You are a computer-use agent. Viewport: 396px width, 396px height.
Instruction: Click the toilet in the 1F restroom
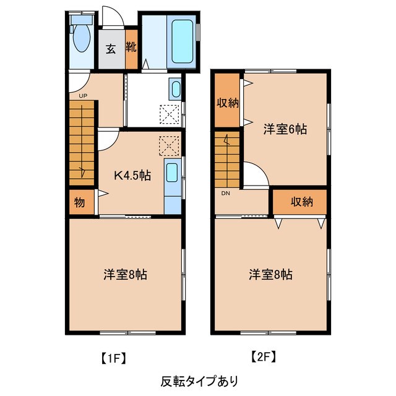click(x=81, y=38)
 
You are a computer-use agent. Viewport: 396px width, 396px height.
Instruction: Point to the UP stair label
click(x=82, y=96)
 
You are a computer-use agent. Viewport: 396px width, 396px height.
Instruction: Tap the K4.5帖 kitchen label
click(x=131, y=174)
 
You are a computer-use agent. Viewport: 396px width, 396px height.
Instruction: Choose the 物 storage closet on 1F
click(x=79, y=202)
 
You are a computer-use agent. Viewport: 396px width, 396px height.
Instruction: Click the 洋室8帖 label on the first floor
click(x=125, y=273)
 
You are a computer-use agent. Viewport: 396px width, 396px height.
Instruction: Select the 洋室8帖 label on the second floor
click(x=271, y=273)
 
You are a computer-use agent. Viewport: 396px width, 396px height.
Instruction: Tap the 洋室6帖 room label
click(x=285, y=129)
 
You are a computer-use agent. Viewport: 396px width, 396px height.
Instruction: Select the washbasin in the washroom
click(x=174, y=91)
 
